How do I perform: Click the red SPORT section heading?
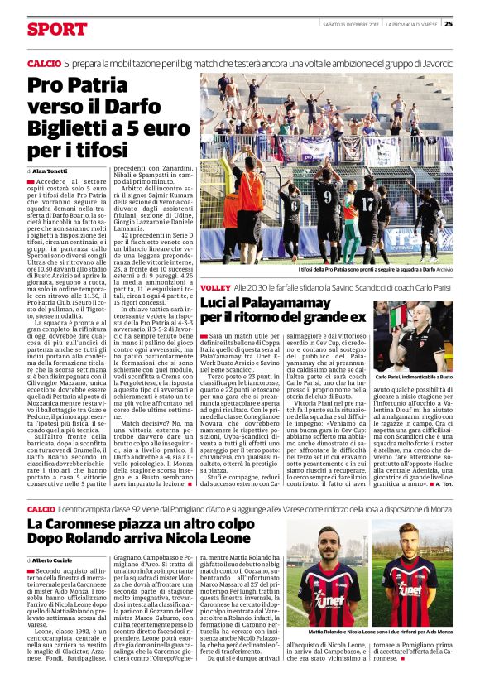coord(56,29)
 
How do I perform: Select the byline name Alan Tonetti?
coord(50,170)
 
